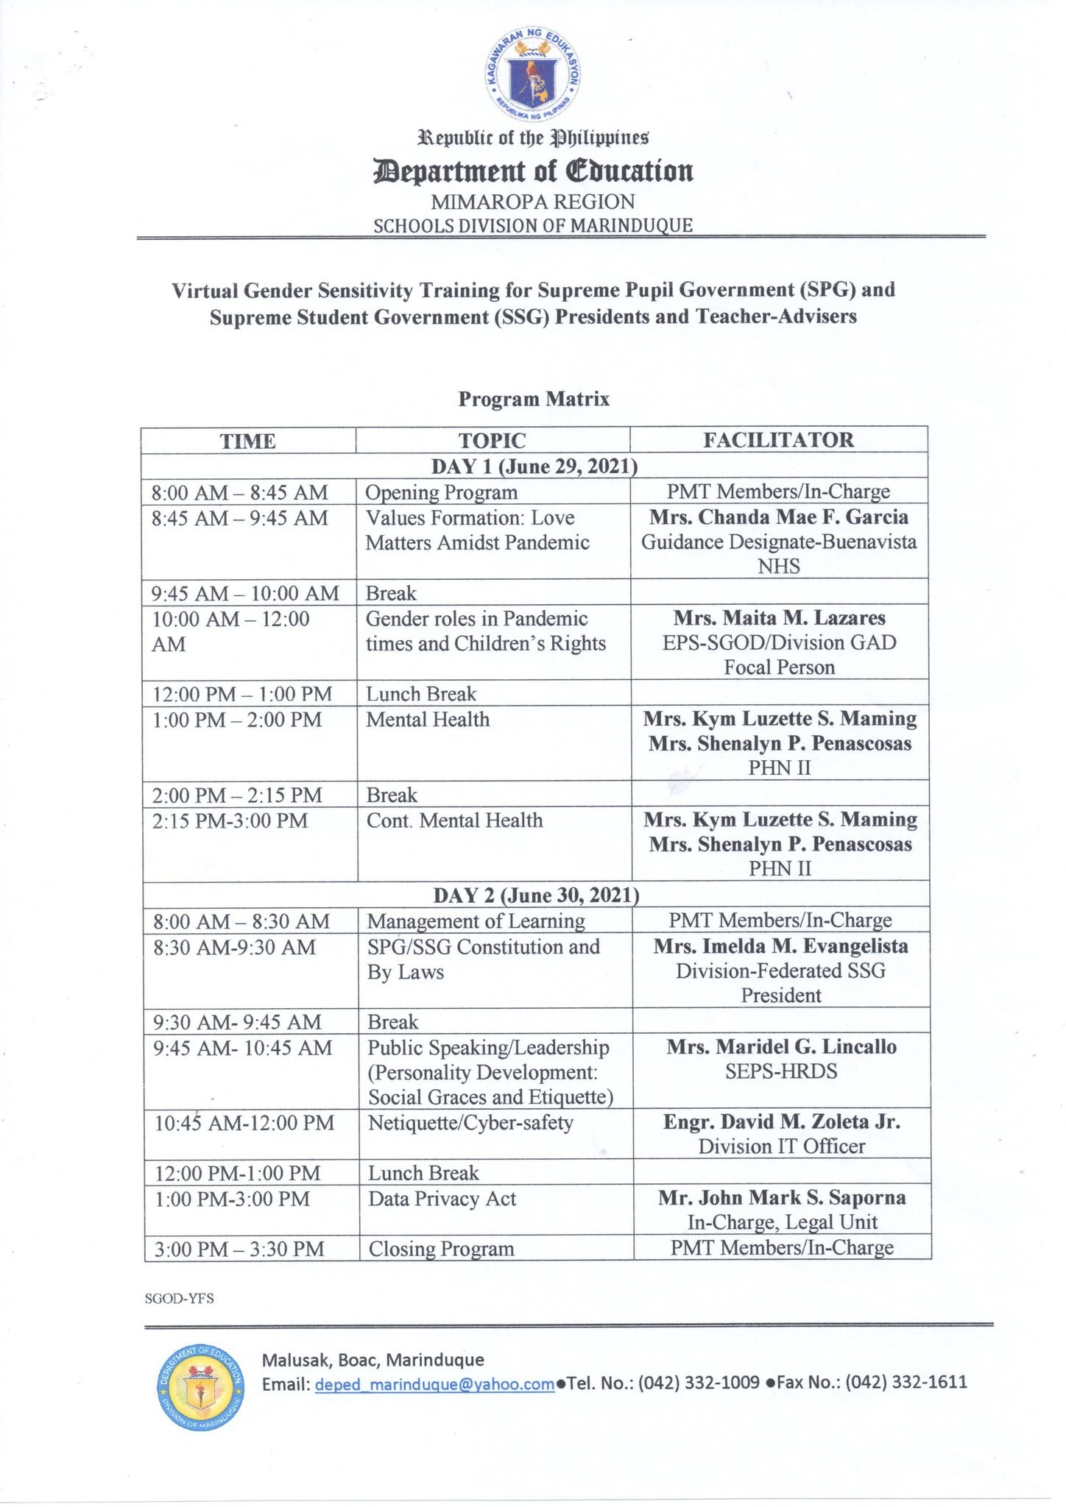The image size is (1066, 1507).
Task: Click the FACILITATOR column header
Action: point(778,440)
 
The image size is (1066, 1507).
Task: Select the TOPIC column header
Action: point(492,441)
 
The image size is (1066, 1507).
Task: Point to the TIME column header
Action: point(248,442)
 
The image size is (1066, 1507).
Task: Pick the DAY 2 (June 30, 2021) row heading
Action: point(536,895)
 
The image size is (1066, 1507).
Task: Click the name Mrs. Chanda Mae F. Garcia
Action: point(779,517)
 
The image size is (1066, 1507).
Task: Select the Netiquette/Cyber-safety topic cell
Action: point(470,1123)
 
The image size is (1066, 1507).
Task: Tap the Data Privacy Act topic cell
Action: point(442,1199)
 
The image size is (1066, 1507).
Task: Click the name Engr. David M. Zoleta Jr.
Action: point(781,1122)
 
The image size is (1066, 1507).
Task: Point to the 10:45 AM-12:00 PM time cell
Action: point(244,1124)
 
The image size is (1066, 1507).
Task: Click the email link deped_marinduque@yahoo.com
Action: point(434,1385)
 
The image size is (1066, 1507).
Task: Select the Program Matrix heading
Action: point(534,399)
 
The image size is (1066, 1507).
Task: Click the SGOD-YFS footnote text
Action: point(180,1298)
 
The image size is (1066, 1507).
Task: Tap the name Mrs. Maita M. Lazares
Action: point(779,618)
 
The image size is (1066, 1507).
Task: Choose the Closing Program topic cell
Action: point(441,1249)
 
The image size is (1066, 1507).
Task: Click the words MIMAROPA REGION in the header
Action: point(533,202)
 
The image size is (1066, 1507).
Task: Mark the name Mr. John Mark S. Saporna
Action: point(781,1198)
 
